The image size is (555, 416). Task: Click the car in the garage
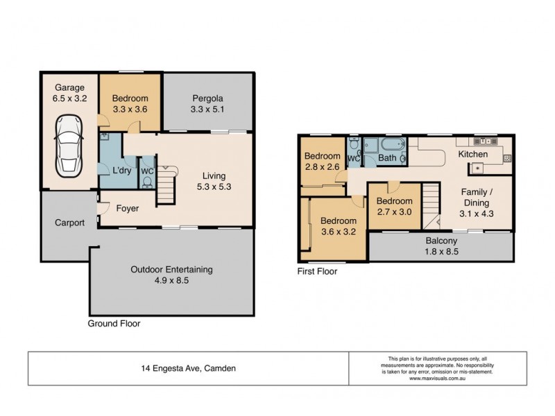[69, 145]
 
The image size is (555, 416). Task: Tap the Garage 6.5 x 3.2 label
[69, 93]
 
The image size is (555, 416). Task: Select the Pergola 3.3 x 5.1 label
[207, 103]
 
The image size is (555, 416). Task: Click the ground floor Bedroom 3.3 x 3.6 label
[130, 103]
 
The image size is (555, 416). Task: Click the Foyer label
[127, 207]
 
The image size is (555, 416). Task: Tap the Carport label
[70, 223]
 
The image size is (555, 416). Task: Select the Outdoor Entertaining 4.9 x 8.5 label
[173, 275]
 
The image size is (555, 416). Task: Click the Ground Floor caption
[114, 324]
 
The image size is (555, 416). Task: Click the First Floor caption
[318, 272]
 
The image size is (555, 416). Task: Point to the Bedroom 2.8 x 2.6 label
[323, 162]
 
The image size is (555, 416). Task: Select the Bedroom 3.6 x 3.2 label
[338, 227]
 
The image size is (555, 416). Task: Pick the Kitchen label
[472, 153]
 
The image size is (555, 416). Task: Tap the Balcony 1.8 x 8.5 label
[441, 247]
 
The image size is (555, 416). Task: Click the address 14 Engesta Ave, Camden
[188, 369]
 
